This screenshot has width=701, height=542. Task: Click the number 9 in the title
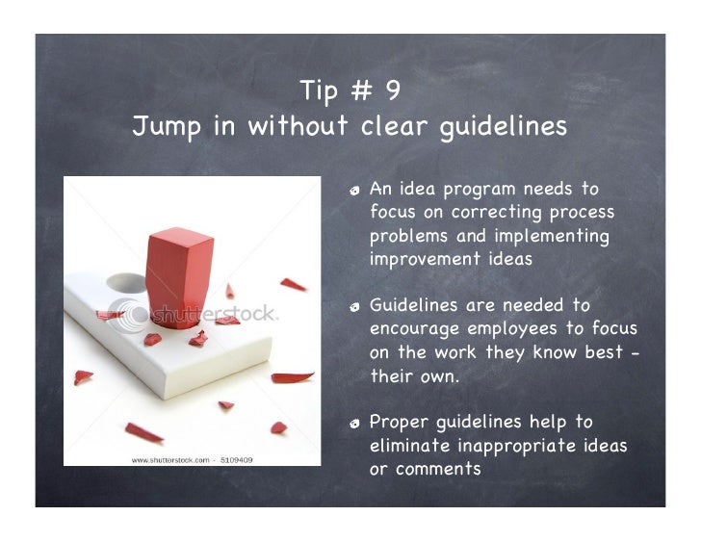(392, 91)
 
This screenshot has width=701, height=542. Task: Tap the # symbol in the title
(361, 91)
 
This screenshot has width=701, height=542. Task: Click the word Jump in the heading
(167, 127)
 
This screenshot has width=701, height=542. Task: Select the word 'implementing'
(552, 236)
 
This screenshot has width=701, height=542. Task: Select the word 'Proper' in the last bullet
(399, 423)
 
